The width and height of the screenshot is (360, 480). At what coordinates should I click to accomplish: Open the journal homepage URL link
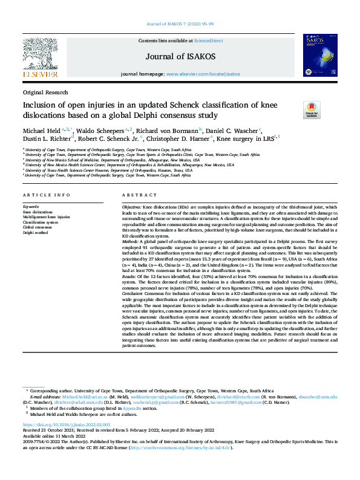coord(203,74)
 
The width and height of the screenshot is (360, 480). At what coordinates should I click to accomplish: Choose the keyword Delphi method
coord(35,232)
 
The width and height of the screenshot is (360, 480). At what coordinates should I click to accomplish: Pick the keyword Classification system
coord(41,222)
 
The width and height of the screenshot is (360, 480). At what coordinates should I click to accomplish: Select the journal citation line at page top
coord(180,24)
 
